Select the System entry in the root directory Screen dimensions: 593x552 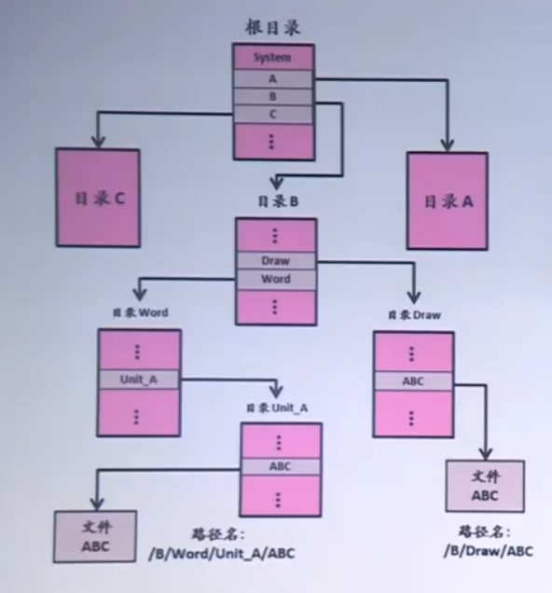(x=272, y=58)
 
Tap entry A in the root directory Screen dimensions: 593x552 (x=272, y=80)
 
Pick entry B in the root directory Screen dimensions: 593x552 (x=272, y=97)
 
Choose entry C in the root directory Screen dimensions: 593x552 (x=272, y=114)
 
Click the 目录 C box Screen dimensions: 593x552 (x=98, y=199)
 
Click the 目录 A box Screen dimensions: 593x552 (x=447, y=200)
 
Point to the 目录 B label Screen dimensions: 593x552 (x=275, y=201)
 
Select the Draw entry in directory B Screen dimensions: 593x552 (x=276, y=261)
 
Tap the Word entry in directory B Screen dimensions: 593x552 (x=276, y=280)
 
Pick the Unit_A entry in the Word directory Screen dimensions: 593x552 (x=139, y=379)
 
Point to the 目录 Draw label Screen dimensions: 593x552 (x=413, y=315)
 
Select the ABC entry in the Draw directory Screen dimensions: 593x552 (x=413, y=381)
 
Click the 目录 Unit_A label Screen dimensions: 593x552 (x=277, y=408)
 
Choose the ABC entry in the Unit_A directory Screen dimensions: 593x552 (x=281, y=465)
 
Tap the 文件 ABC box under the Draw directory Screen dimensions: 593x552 (x=484, y=486)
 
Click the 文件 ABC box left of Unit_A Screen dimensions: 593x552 (x=94, y=536)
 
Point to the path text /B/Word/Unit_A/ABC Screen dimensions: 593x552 (x=222, y=553)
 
